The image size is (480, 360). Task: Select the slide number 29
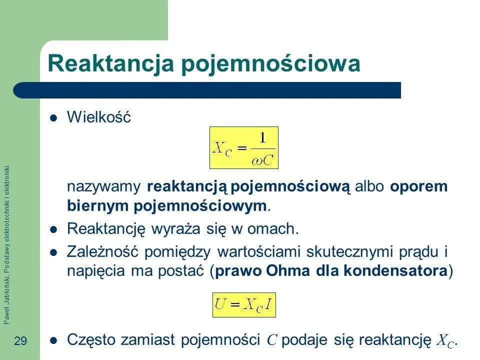[20, 341]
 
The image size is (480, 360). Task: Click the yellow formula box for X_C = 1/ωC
[243, 147]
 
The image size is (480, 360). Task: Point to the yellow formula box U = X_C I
[244, 305]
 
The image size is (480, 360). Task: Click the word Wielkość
[98, 118]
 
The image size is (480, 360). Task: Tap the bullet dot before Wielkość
[54, 118]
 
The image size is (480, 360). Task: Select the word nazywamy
[103, 187]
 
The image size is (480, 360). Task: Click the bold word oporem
[418, 186]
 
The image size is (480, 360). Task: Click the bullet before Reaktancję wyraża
[54, 229]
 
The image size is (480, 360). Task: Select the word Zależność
[102, 251]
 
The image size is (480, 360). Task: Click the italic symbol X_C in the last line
[445, 341]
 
